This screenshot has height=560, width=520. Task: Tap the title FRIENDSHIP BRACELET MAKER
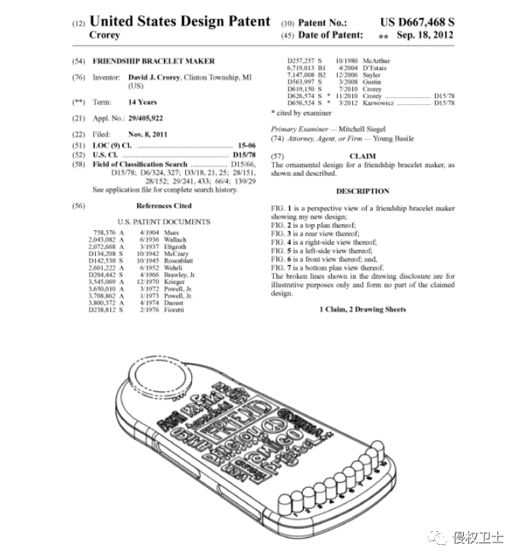coord(153,61)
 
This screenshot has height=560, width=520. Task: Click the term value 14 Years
coord(143,102)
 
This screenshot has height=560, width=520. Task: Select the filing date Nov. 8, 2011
coord(147,134)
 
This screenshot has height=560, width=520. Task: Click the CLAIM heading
coord(362,155)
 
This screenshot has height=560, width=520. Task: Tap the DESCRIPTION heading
coord(362,191)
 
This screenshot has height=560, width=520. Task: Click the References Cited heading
coord(163,206)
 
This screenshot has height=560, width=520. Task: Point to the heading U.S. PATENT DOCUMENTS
coord(163,222)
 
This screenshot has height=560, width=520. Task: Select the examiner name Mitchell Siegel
coord(364,130)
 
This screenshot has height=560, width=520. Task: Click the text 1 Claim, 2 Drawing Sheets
coord(362,310)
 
